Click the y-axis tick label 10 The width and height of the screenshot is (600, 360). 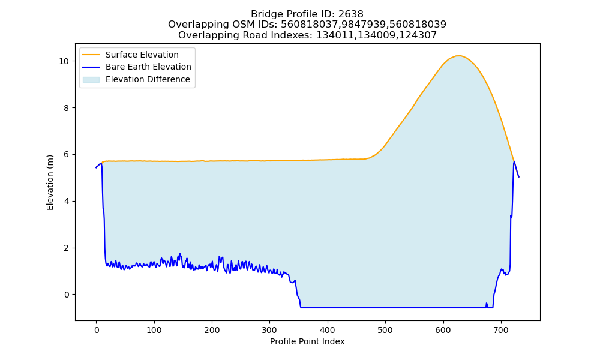pos(64,61)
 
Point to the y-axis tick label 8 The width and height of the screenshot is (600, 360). pos(67,108)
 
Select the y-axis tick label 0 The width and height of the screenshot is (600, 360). pos(67,295)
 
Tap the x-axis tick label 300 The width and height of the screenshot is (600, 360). pos(269,330)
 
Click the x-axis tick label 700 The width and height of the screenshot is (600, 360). pos(501,330)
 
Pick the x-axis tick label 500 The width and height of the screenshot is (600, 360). pos(385,330)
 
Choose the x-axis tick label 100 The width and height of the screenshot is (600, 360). pos(154,330)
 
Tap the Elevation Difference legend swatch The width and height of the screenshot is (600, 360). pos(91,80)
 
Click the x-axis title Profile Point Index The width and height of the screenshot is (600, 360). pos(307,341)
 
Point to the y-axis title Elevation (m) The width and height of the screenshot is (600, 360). pos(50,182)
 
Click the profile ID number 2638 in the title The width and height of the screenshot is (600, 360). pos(350,14)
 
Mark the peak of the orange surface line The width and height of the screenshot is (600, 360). pos(458,56)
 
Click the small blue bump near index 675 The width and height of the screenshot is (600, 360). pos(487,305)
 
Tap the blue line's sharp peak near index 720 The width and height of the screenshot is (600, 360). pos(514,162)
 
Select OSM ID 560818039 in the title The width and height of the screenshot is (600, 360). pos(418,25)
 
